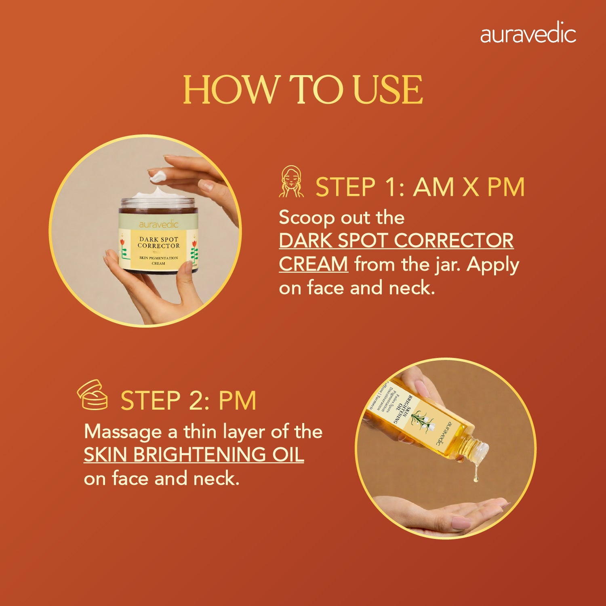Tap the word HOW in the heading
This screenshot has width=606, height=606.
(230, 90)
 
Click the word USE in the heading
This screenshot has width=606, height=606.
(388, 90)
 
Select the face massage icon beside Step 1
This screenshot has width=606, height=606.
(291, 182)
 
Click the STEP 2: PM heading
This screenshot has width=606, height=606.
(188, 401)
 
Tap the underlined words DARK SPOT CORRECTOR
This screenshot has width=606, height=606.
(396, 241)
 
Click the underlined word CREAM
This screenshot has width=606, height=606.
(313, 265)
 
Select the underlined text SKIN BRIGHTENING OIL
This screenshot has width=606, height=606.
(194, 455)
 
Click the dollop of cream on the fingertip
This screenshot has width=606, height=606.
(158, 176)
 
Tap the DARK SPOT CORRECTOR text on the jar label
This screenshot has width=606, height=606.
(158, 242)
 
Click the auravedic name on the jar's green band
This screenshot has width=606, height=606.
(158, 225)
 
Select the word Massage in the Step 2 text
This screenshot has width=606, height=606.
(123, 432)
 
